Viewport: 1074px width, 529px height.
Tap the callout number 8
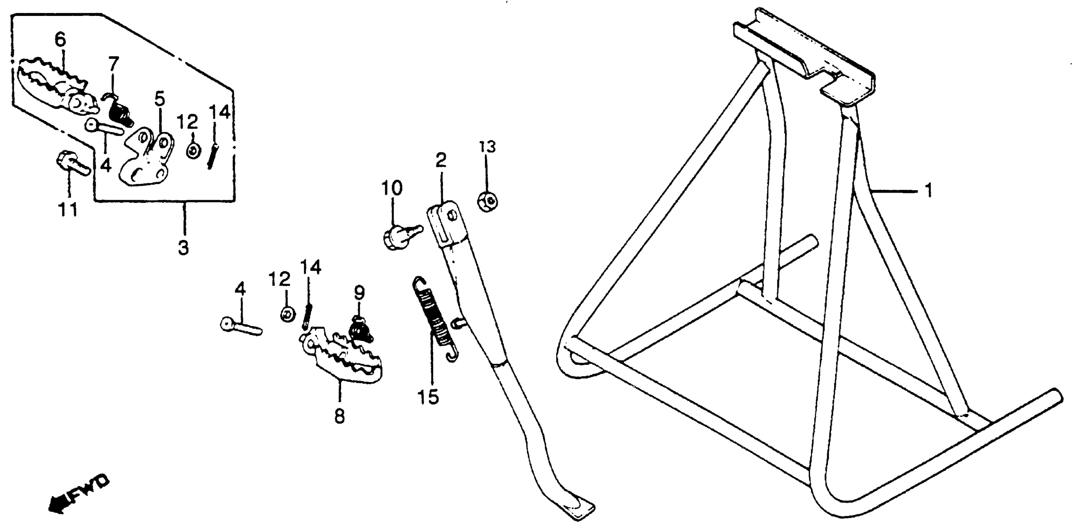pyautogui.click(x=340, y=416)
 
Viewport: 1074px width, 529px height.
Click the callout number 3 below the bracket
pyautogui.click(x=183, y=248)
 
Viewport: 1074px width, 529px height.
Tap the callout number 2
pyautogui.click(x=441, y=160)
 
